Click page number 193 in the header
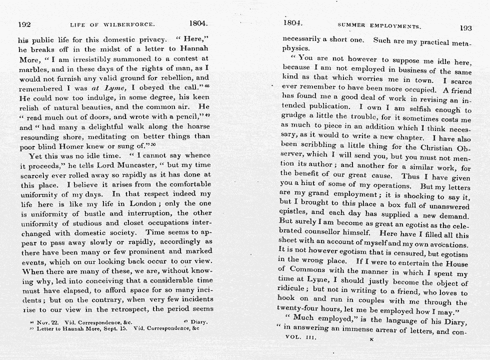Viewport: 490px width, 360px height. tap(465, 28)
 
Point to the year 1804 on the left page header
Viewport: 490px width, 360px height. tap(198, 23)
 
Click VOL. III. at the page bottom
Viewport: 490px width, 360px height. tap(300, 337)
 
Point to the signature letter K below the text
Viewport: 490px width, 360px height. tap(371, 339)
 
